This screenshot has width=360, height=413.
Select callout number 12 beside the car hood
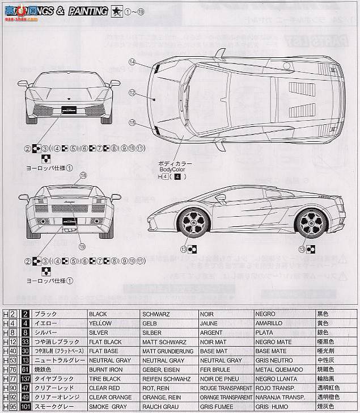(x=132, y=92)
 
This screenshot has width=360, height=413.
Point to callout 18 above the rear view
(x=83, y=176)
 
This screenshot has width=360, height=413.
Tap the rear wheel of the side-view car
(x=310, y=221)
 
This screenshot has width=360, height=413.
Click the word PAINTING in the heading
(x=88, y=11)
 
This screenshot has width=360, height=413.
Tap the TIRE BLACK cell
(x=104, y=378)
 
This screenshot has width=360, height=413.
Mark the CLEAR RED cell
(x=104, y=387)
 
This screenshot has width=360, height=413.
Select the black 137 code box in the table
(x=26, y=378)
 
